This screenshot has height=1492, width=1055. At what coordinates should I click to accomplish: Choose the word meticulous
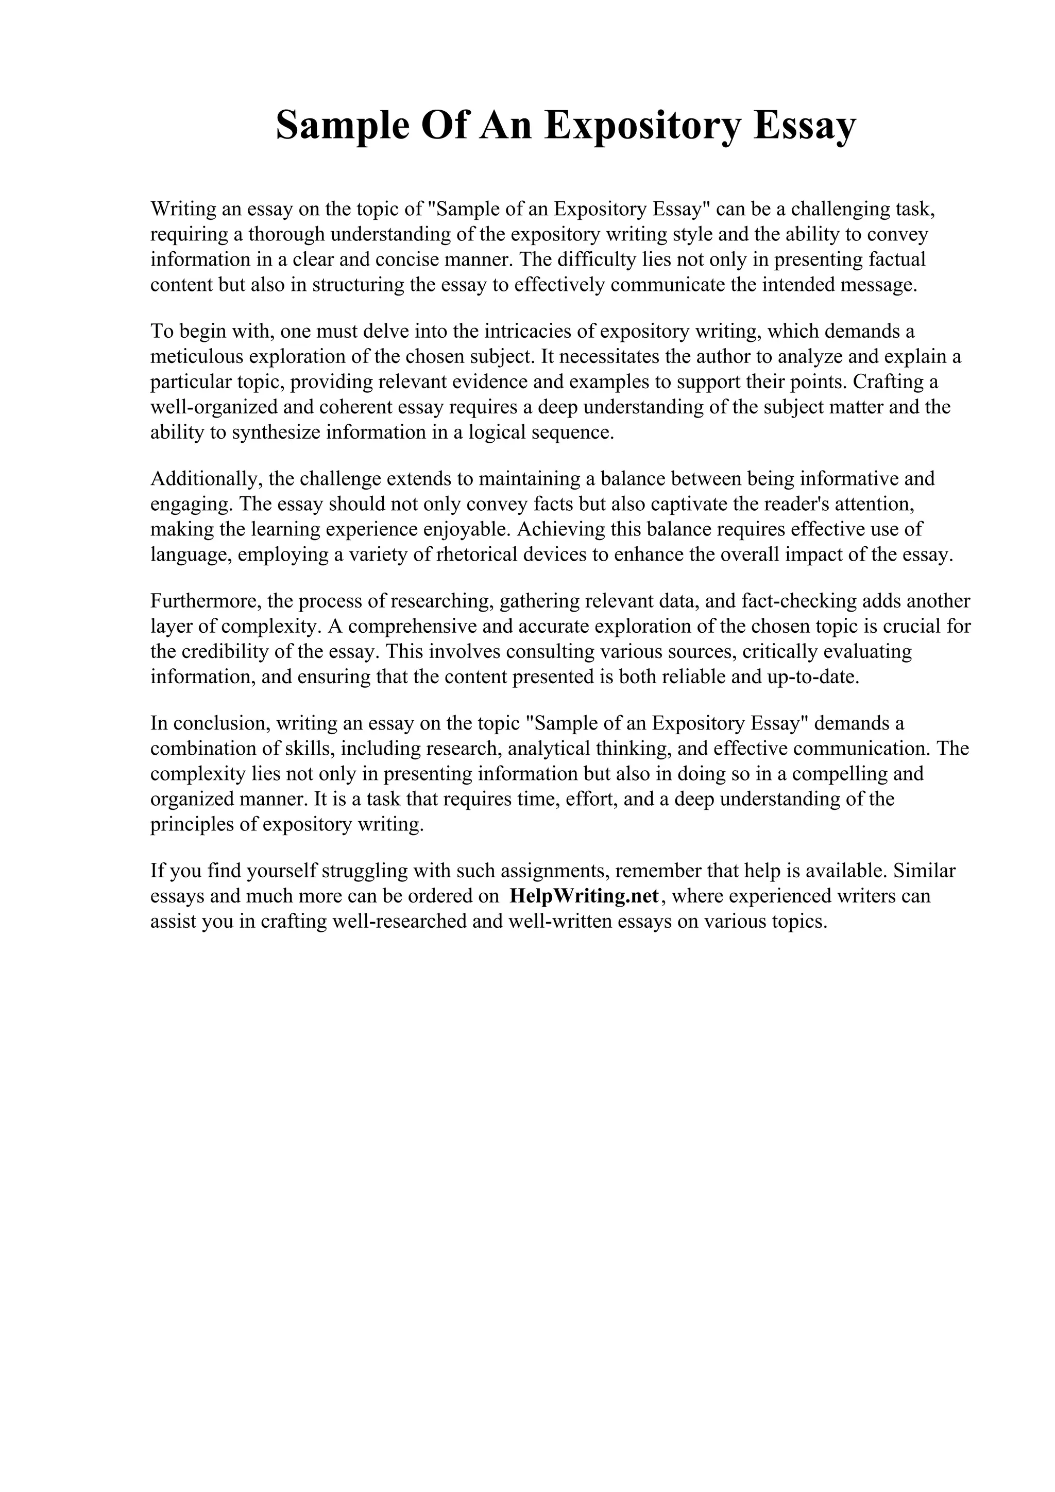pyautogui.click(x=197, y=357)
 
